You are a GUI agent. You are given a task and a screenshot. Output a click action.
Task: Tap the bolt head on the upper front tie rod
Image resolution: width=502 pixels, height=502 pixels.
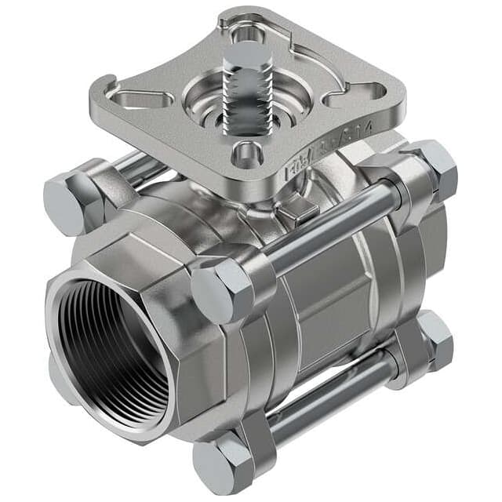(x=223, y=288)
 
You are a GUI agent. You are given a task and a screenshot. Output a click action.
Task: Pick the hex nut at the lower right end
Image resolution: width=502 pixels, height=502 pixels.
(x=435, y=340)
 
